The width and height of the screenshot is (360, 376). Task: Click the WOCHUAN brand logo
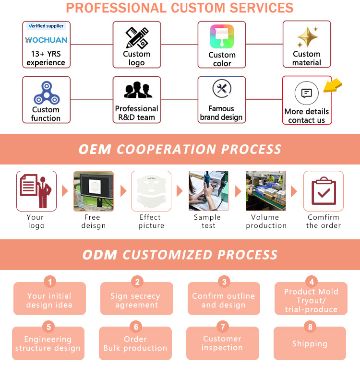pos(46,40)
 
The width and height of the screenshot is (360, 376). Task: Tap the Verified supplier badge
pos(46,26)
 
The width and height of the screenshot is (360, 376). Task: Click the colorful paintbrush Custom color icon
pos(222,36)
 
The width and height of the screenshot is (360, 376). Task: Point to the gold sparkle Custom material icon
pos(307,37)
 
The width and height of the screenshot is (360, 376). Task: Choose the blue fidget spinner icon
pos(46,93)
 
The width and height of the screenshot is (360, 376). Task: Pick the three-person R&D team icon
pos(137,91)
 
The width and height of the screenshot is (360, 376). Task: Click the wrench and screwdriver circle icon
pos(222,89)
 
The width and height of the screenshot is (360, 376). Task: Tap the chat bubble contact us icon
pos(307,93)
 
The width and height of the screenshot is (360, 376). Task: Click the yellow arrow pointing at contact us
pos(332,86)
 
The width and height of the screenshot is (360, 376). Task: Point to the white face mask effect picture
pos(151,191)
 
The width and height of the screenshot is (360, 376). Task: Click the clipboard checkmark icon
pos(324,191)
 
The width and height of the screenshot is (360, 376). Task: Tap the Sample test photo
pos(208,191)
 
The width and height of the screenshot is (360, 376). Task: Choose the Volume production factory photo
pos(266,191)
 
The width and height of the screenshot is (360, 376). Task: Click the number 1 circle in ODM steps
pos(50,282)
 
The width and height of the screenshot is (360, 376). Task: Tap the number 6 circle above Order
pos(136,327)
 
